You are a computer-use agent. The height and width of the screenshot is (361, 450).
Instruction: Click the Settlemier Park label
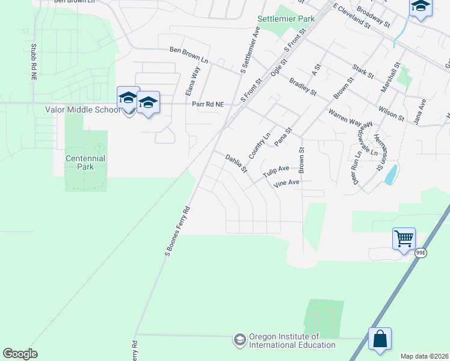[x=286, y=19]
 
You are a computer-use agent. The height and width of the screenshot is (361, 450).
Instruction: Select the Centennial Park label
[x=85, y=162]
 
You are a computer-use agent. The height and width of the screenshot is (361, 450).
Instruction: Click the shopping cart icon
[x=404, y=238]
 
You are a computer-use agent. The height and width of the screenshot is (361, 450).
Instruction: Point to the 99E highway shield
[x=421, y=254]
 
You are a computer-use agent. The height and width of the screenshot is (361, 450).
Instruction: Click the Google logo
[x=20, y=354]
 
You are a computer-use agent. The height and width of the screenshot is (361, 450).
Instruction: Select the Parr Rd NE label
[x=208, y=105]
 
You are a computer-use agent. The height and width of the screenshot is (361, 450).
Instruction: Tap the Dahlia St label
[x=236, y=164]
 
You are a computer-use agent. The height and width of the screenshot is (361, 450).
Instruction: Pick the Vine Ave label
[x=286, y=183]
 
